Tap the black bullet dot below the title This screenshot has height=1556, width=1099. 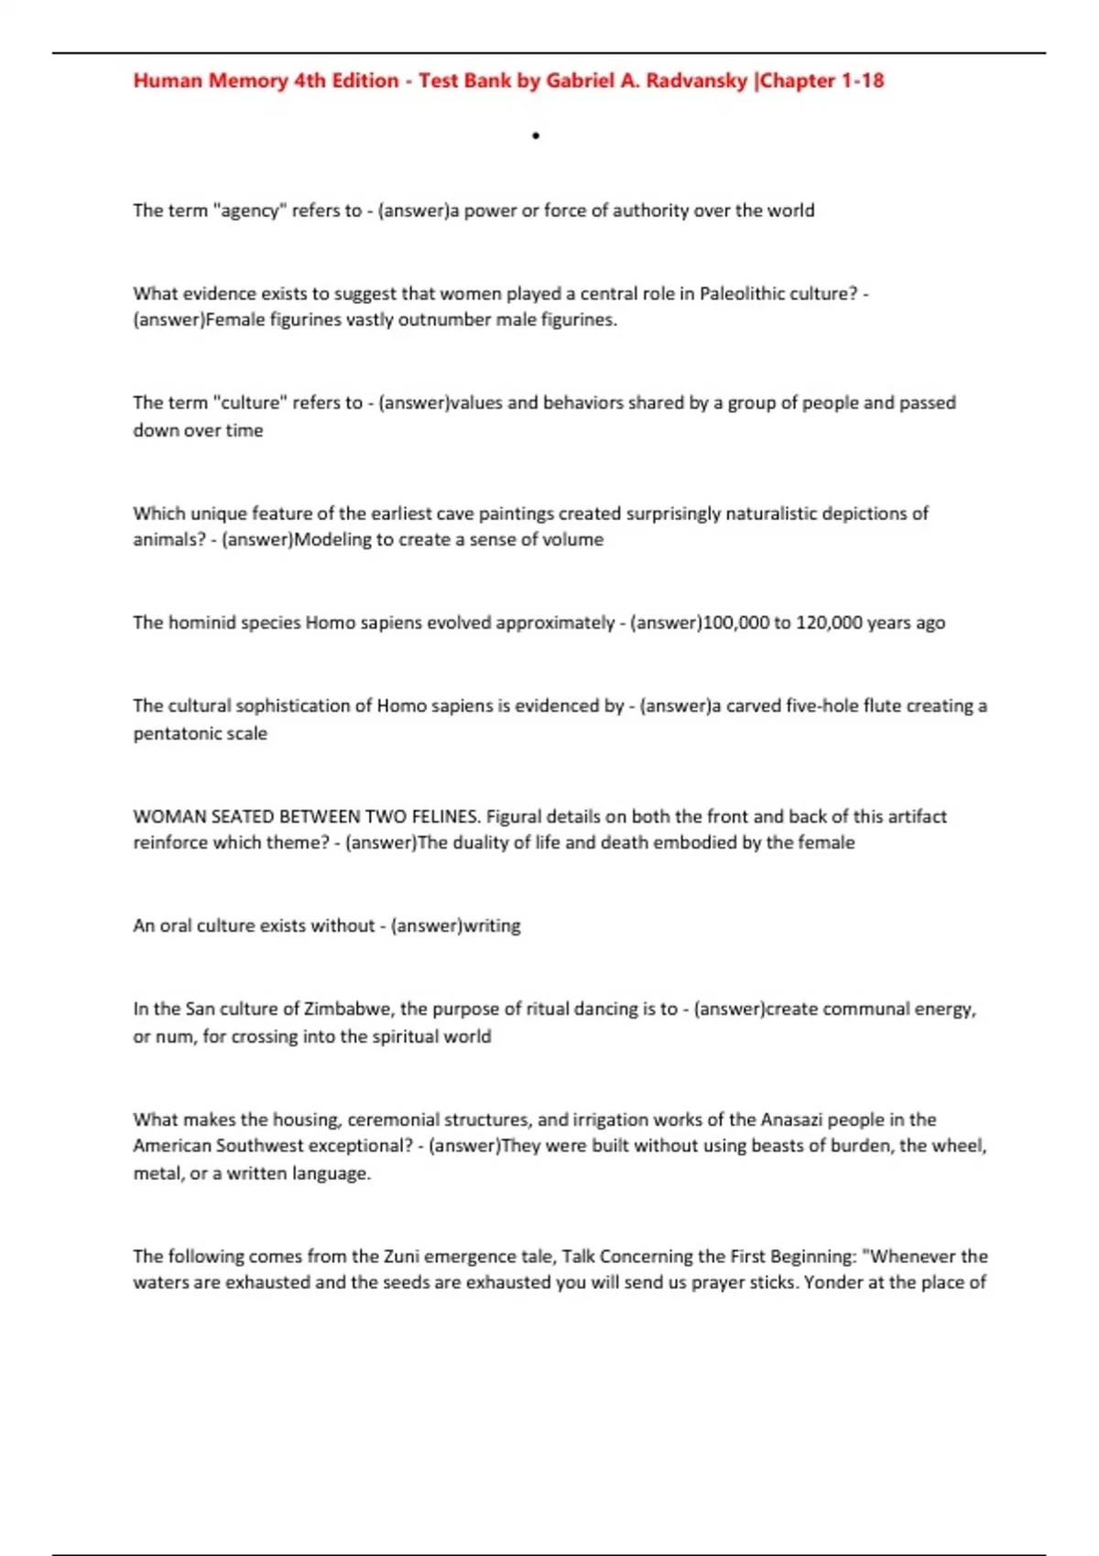(536, 136)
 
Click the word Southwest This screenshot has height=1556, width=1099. (265, 1146)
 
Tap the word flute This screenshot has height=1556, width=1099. (855, 706)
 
